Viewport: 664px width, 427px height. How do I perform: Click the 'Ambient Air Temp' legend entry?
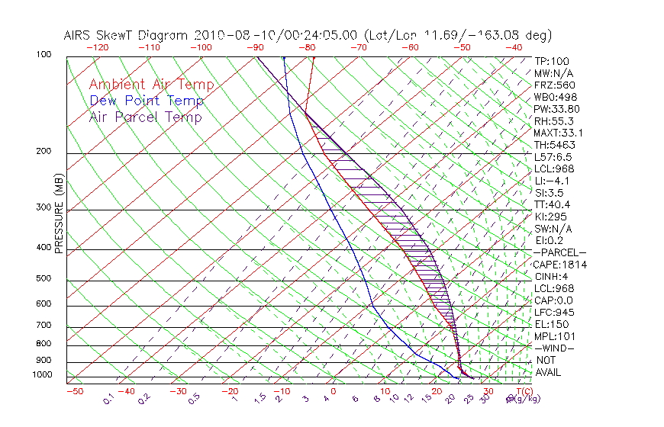(x=151, y=85)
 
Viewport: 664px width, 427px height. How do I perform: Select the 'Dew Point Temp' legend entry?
(x=147, y=101)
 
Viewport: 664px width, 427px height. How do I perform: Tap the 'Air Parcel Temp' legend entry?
(x=145, y=117)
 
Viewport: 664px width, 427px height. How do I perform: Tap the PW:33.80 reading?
(x=556, y=109)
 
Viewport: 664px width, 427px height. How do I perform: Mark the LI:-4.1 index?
(x=552, y=181)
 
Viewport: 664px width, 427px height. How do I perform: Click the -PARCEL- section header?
(x=559, y=252)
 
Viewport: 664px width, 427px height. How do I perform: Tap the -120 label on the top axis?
(x=98, y=47)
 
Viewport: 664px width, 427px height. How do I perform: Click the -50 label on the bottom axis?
(x=75, y=391)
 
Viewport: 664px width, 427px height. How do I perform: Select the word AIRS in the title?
(x=79, y=35)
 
